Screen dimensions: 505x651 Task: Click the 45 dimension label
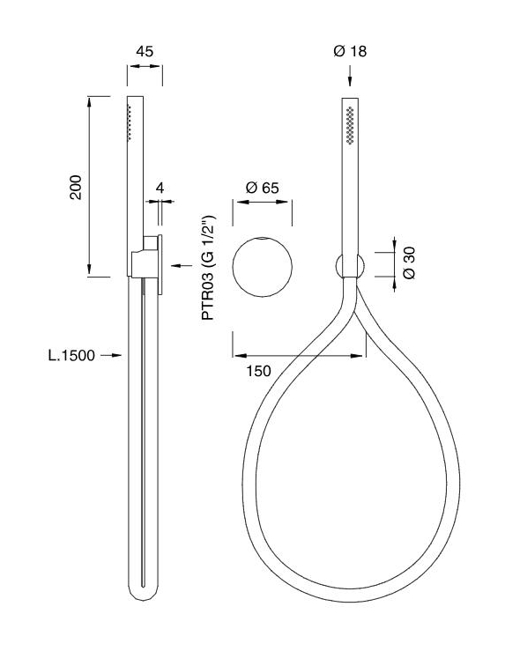click(145, 51)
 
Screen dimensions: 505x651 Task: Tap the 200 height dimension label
click(76, 188)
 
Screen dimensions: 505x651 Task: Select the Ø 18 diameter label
click(350, 51)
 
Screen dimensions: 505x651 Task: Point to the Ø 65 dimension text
click(263, 188)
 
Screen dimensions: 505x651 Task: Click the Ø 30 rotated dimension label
click(409, 263)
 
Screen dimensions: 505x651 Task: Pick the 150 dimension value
click(258, 371)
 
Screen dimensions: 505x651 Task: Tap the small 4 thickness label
click(160, 188)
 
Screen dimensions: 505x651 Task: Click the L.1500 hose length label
click(71, 355)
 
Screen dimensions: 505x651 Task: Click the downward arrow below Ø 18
click(350, 76)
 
